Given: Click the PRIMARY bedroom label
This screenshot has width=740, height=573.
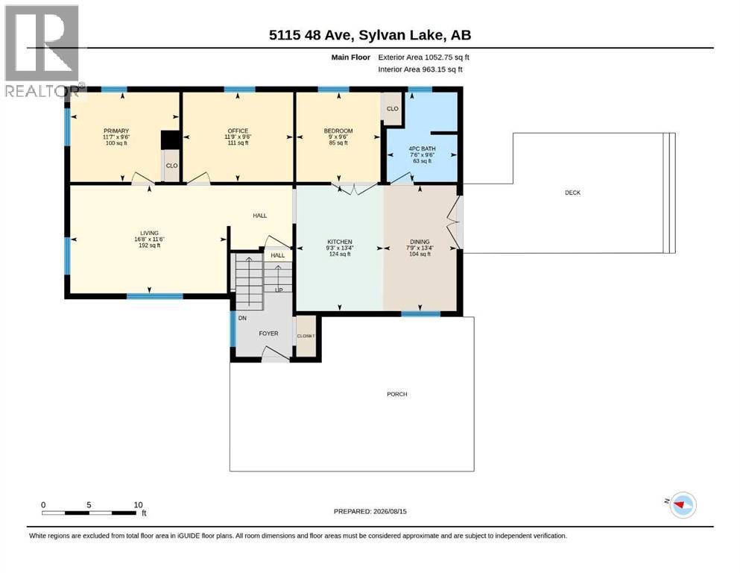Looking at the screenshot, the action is pyautogui.click(x=116, y=131).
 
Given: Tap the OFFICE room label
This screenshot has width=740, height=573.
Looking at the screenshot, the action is pyautogui.click(x=238, y=131).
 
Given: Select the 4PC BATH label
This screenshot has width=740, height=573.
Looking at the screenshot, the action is pyautogui.click(x=422, y=148).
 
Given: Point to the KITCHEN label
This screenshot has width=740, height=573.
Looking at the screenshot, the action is pyautogui.click(x=340, y=242).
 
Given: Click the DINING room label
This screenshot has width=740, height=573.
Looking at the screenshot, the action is pyautogui.click(x=420, y=242).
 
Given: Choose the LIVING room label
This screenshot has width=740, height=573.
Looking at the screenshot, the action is pyautogui.click(x=149, y=234).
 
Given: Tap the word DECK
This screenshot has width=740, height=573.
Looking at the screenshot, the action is pyautogui.click(x=572, y=192).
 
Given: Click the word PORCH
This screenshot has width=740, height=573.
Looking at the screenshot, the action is pyautogui.click(x=397, y=394).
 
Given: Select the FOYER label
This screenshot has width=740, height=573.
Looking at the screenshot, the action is pyautogui.click(x=268, y=334).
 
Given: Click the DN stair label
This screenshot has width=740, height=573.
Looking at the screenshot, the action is pyautogui.click(x=242, y=319).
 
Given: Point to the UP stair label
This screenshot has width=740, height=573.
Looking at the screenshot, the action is pyautogui.click(x=279, y=290).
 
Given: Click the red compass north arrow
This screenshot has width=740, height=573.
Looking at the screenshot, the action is pyautogui.click(x=679, y=505).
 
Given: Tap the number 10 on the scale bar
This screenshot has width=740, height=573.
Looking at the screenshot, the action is pyautogui.click(x=138, y=505).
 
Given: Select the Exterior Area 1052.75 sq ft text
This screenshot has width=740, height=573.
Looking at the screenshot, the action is pyautogui.click(x=424, y=57).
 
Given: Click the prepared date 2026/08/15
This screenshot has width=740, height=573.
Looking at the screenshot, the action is pyautogui.click(x=390, y=511).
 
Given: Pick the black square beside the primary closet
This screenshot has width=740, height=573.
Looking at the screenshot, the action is pyautogui.click(x=171, y=140).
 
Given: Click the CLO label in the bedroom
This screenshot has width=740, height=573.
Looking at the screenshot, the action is pyautogui.click(x=393, y=109).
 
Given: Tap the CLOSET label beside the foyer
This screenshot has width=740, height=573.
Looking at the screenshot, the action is pyautogui.click(x=306, y=336).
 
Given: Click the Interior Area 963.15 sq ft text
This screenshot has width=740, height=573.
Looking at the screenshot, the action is pyautogui.click(x=420, y=69).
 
